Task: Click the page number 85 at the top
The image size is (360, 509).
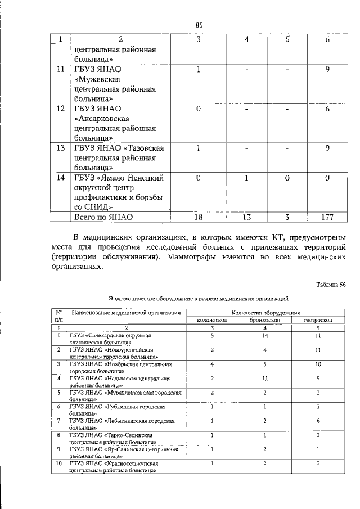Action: pyautogui.click(x=199, y=25)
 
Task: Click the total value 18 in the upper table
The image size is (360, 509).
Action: pyautogui.click(x=199, y=217)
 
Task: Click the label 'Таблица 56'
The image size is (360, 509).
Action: pyautogui.click(x=331, y=285)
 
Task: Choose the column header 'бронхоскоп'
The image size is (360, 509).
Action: pyautogui.click(x=264, y=319)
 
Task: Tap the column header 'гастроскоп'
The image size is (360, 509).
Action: pyautogui.click(x=318, y=319)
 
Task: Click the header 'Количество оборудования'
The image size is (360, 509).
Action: pyautogui.click(x=264, y=312)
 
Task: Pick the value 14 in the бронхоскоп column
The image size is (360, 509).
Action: pyautogui.click(x=264, y=335)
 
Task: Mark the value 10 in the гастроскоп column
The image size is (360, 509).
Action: pyautogui.click(x=318, y=364)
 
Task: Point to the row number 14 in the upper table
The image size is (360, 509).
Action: pyautogui.click(x=60, y=178)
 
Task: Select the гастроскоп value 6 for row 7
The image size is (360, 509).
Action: pyautogui.click(x=318, y=421)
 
